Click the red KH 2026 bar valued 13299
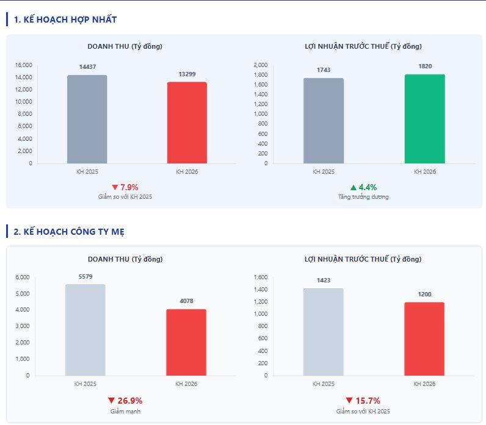coord(186,123)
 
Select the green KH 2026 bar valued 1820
coord(424,119)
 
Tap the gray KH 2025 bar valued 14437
coord(87,120)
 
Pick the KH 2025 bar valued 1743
coord(323,121)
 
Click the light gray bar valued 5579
coord(85,330)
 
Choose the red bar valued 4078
coord(186,343)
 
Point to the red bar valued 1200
coord(424,339)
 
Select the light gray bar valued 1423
coord(323,332)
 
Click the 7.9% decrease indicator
coord(125,187)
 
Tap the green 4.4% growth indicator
coord(363,187)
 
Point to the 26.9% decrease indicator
coord(125,401)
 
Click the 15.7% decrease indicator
coord(363,401)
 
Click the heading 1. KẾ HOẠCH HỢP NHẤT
coord(65,20)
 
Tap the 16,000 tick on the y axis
coord(23,65)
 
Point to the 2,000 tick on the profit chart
coord(260,65)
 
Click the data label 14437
coord(88,66)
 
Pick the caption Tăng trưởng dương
coord(363,197)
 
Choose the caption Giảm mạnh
coord(125,412)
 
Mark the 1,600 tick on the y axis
coord(260,277)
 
